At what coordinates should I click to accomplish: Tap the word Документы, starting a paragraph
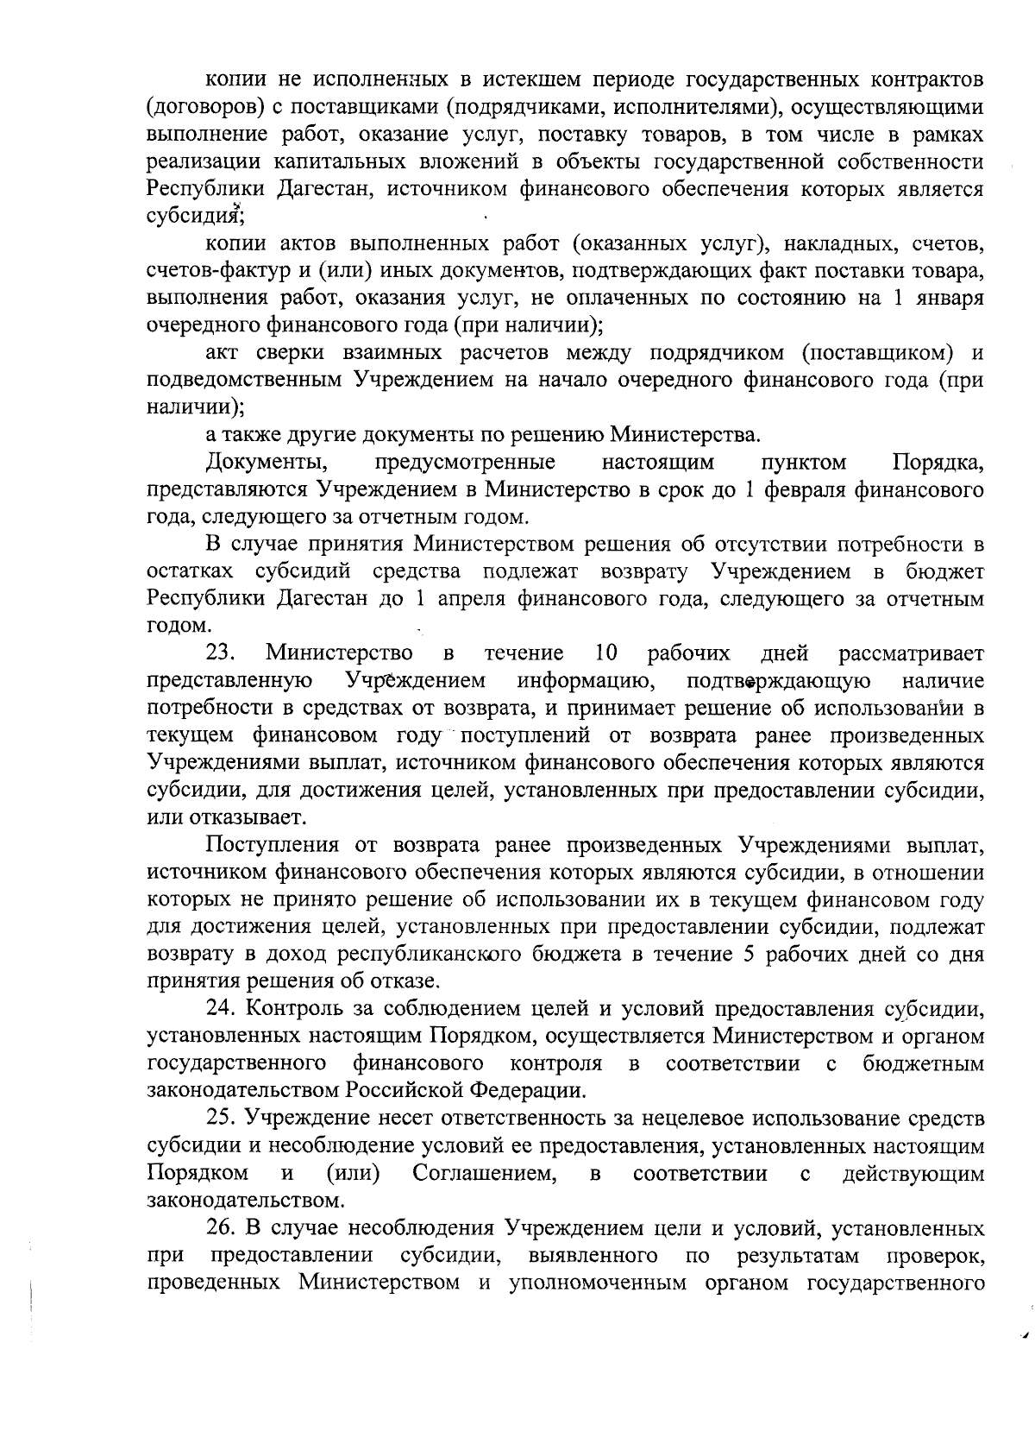(x=266, y=463)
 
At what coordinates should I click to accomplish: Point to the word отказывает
(x=225, y=817)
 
